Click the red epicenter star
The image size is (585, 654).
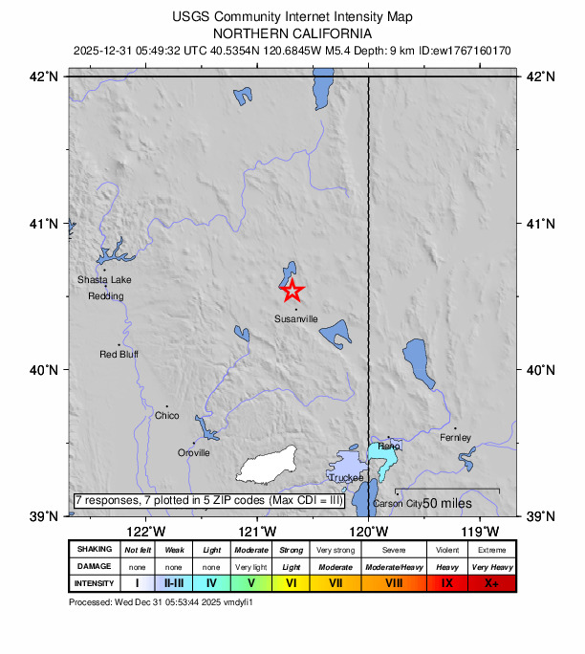point(292,290)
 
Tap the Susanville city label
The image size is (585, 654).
point(295,318)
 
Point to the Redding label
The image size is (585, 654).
point(105,296)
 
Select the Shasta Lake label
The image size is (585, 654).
point(104,280)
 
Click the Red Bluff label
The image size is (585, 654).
point(119,355)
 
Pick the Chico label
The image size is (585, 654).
point(166,416)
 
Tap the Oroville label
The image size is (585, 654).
point(194,453)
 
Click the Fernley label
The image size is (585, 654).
point(456,438)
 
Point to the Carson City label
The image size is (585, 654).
point(398,504)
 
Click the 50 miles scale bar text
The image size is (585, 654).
point(448,503)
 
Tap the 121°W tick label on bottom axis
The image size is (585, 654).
point(257,532)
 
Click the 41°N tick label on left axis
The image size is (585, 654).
point(47,224)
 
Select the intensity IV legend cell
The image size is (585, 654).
point(211,582)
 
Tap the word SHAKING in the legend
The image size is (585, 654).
point(94,550)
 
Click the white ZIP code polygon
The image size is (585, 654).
point(269,466)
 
